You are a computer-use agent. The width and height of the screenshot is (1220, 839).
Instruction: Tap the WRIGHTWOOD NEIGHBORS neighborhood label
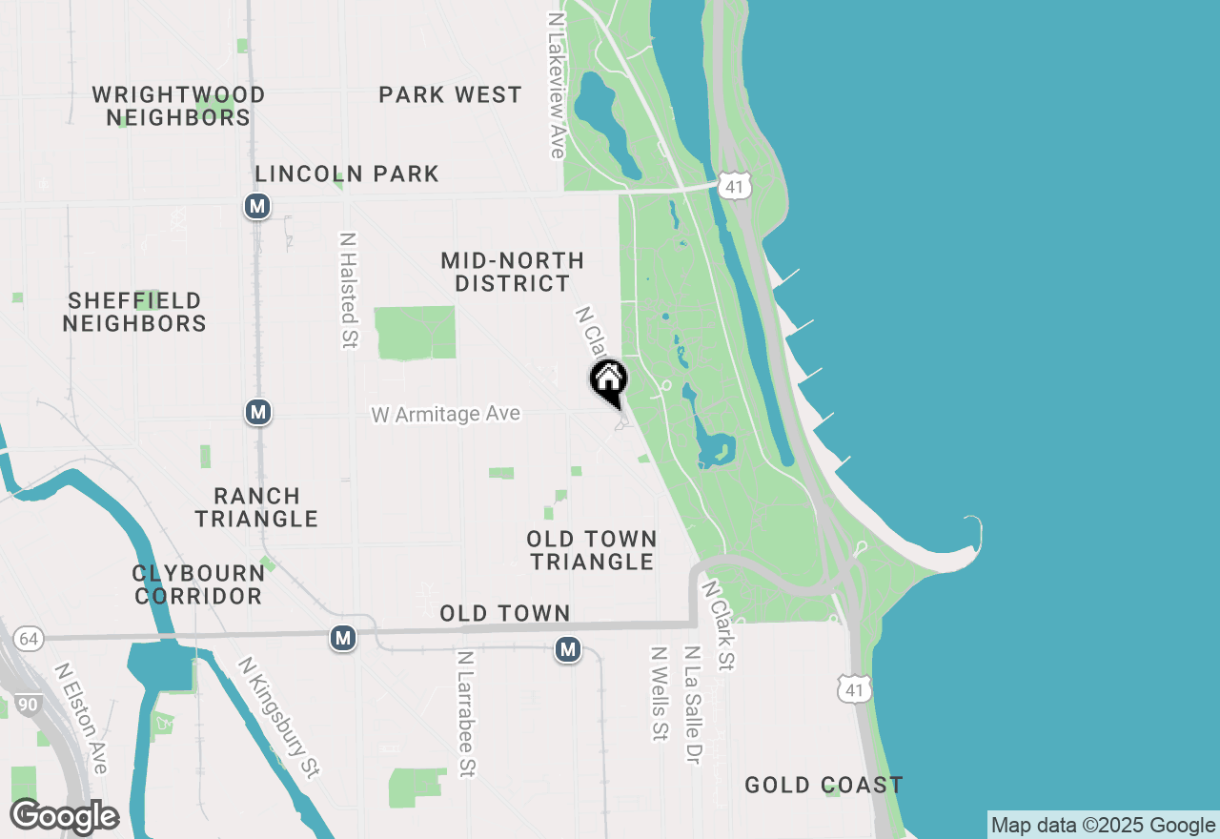(178, 106)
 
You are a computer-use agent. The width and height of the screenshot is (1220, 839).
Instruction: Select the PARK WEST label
(450, 95)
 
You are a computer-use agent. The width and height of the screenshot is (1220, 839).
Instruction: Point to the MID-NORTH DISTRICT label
(513, 272)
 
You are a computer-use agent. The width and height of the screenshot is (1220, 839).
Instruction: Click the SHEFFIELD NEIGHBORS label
(134, 313)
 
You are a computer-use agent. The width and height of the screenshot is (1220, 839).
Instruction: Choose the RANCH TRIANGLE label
(256, 507)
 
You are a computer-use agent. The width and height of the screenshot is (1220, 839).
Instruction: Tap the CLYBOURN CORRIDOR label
(198, 584)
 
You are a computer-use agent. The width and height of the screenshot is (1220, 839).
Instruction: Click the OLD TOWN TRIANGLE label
(592, 550)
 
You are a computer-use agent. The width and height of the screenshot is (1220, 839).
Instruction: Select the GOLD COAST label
(823, 786)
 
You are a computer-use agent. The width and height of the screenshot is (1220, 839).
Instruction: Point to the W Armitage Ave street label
(446, 414)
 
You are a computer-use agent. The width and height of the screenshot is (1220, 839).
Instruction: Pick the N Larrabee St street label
(465, 713)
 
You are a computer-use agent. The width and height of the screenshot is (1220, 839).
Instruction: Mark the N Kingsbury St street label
(278, 716)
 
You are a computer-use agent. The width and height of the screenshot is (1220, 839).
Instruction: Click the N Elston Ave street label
(81, 718)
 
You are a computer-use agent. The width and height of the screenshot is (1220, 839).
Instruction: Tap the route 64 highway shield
(29, 639)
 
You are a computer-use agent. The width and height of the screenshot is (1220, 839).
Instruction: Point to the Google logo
(64, 816)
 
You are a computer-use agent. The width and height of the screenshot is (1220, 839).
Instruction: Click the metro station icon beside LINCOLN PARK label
(256, 206)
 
